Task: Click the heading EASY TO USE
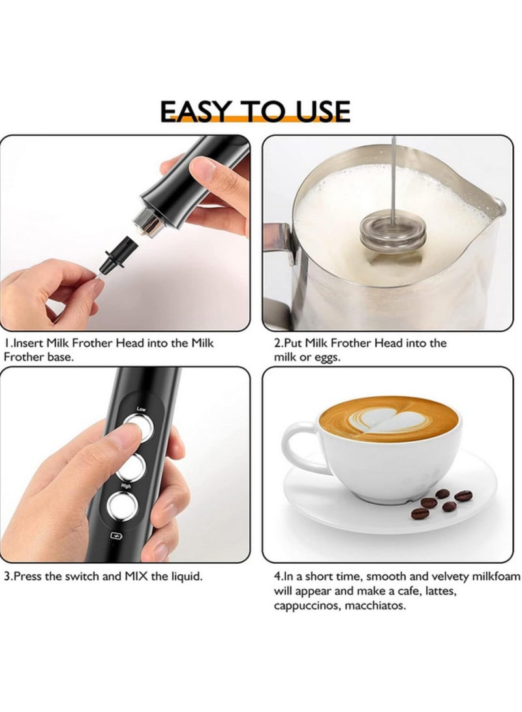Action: (x=255, y=111)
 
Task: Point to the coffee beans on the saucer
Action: (x=442, y=503)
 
